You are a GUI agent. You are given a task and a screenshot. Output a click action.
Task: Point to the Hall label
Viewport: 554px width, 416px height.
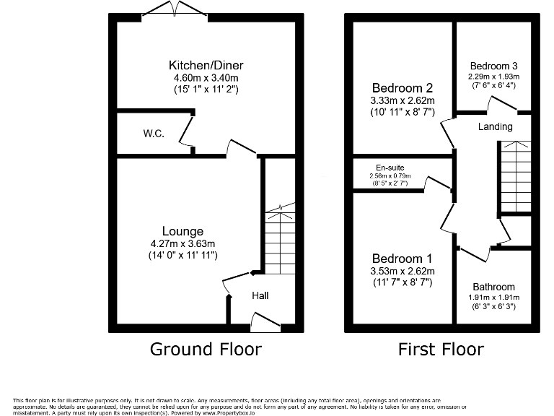(260, 296)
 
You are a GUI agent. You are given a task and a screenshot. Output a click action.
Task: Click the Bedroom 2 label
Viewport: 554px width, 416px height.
(397, 88)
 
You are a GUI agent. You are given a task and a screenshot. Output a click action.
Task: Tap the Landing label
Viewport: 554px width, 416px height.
(495, 127)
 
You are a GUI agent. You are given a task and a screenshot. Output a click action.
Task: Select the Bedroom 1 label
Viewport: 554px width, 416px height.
(402, 259)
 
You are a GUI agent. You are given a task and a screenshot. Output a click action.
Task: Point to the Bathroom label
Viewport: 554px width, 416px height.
(494, 286)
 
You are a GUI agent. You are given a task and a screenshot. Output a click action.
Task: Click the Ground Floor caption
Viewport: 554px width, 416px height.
(206, 350)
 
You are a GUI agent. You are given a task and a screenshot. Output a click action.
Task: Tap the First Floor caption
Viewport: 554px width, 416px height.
(441, 350)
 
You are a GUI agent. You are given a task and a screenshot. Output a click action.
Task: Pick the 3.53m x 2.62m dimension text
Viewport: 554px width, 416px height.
(402, 272)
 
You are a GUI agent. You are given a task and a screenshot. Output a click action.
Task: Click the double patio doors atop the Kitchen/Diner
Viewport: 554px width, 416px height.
(173, 9)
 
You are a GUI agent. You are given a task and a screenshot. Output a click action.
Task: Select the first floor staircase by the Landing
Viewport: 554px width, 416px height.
(515, 177)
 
